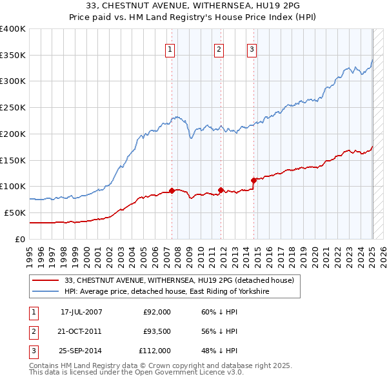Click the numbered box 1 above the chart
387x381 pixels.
[170, 49]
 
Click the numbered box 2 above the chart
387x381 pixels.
[219, 49]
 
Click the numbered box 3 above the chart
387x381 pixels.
[252, 49]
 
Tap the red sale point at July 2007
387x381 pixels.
[172, 190]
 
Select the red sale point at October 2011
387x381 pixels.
[221, 190]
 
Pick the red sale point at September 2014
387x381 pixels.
[254, 180]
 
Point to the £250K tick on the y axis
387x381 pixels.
[13, 107]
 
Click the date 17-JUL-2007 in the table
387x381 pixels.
[82, 312]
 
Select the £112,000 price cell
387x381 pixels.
[155, 351]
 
